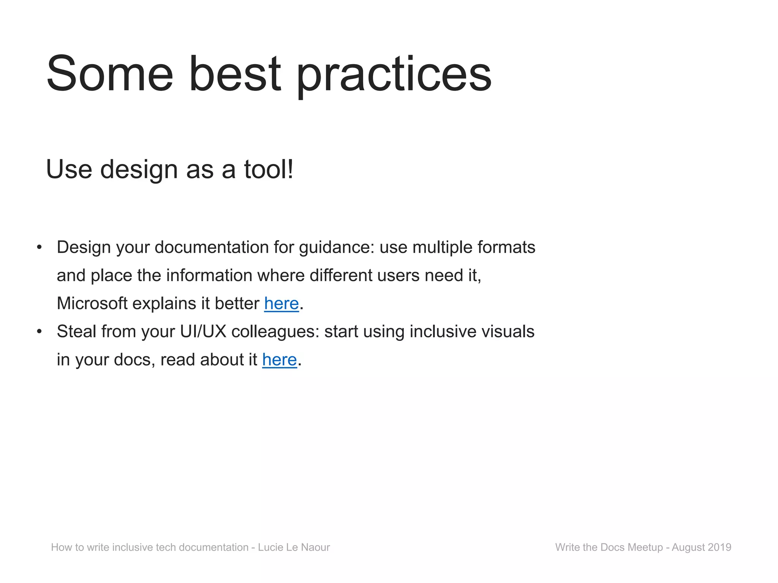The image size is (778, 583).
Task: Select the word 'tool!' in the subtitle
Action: point(269,169)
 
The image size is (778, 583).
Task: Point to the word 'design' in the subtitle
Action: point(139,169)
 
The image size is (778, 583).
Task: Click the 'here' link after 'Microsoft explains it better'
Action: point(281,304)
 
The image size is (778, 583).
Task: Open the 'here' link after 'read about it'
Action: point(279,360)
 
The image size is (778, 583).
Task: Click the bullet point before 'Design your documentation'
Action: point(39,248)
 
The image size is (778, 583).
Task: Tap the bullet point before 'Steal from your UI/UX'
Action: point(39,332)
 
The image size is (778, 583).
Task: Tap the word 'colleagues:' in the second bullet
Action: point(275,332)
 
